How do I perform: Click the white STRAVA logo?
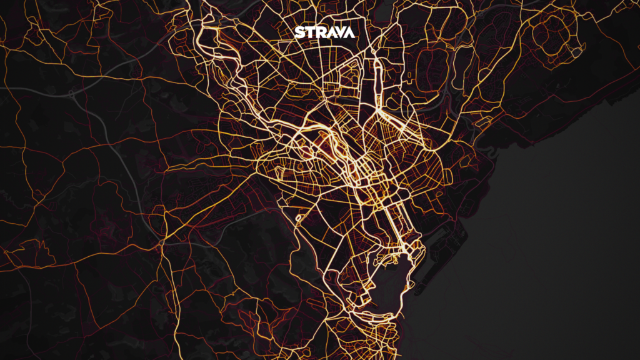pos(324,32)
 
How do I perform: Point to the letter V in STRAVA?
pos(339,32)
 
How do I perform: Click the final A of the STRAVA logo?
pos(349,32)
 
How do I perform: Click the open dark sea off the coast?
pos(550,250)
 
